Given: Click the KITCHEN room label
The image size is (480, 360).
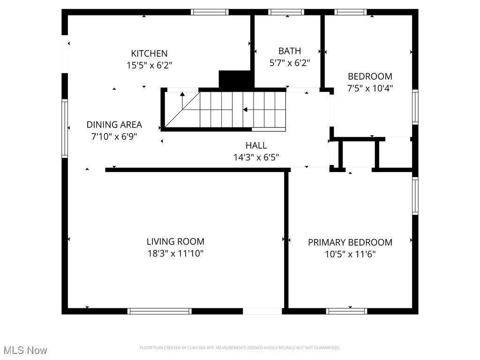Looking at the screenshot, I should [149, 53].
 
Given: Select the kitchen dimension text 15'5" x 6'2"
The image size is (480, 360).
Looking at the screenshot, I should [149, 66].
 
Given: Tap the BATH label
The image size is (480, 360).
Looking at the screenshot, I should [289, 51].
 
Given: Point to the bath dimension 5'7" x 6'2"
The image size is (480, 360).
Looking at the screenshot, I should [289, 63].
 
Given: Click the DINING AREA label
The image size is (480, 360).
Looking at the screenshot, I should [114, 125].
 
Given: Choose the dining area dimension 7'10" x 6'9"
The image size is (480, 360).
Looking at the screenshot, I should [114, 137].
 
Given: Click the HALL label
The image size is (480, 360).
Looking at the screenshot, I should [256, 145].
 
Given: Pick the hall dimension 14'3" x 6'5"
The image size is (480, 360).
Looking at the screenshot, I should [256, 157].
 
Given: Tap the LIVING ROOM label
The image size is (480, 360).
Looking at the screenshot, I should [175, 242].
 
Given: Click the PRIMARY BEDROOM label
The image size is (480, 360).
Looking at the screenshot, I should [350, 242].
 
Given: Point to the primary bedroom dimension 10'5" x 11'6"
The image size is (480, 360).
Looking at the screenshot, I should [350, 255].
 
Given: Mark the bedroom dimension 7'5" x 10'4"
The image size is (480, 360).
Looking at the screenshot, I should [370, 88].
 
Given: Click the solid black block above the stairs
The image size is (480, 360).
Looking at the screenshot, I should [236, 79].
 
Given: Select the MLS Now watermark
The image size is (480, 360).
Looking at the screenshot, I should [25, 350].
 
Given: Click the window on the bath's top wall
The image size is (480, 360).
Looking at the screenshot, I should [286, 12].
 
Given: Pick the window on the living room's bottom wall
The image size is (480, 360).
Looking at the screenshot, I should [159, 311].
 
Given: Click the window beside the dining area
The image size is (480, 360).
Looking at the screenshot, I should [65, 128].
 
